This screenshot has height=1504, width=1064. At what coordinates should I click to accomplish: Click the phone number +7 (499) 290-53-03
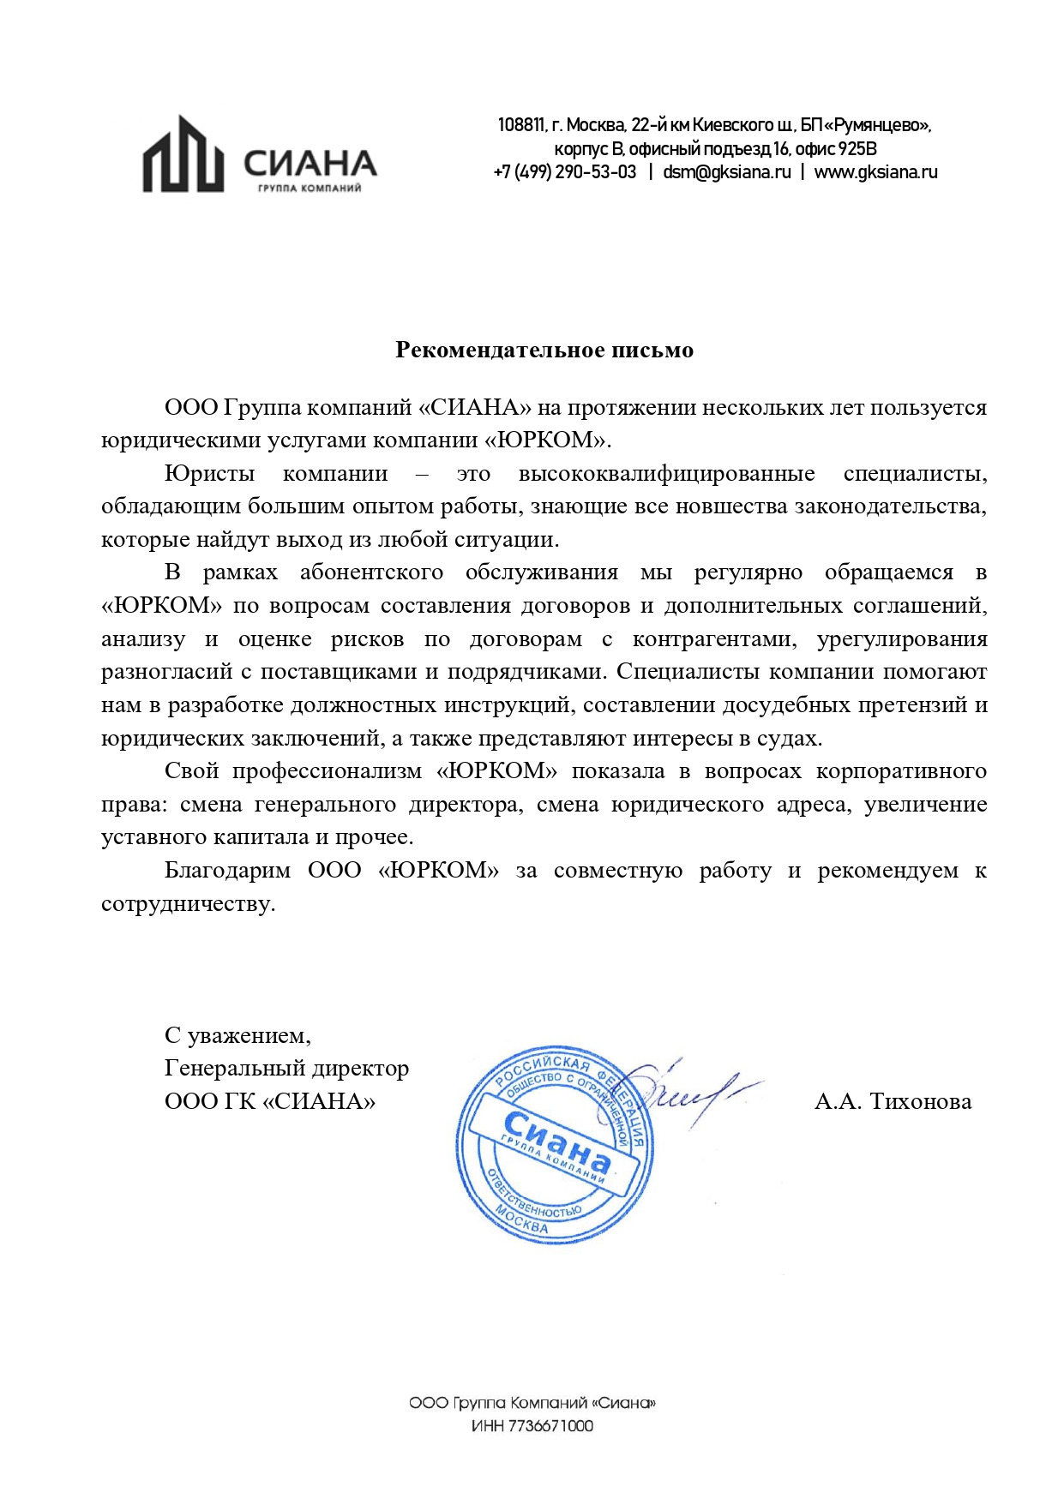[x=565, y=172]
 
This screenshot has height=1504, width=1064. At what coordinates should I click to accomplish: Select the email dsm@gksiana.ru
[x=726, y=172]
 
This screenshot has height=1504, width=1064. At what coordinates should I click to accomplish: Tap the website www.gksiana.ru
[x=875, y=172]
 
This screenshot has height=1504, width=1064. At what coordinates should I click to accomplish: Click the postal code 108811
[x=520, y=126]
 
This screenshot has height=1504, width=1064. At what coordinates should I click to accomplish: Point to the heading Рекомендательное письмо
[x=544, y=350]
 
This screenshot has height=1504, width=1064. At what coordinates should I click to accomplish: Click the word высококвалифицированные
[x=666, y=474]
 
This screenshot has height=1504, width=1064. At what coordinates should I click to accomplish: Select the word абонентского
[x=371, y=572]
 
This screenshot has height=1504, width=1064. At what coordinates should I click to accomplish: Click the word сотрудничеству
[x=188, y=904]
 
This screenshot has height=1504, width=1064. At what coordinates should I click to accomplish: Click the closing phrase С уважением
[x=237, y=1036]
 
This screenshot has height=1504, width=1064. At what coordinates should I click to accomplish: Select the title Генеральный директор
[x=286, y=1069]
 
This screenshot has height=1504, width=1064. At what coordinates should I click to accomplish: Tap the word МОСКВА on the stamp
[x=521, y=1219]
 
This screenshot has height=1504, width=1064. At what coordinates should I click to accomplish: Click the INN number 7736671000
[x=550, y=1426]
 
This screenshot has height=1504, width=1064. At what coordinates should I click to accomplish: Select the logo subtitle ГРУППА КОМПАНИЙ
[x=310, y=189]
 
